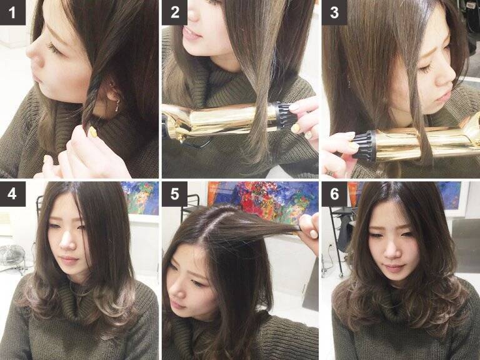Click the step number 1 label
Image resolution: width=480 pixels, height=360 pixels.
pos(12,12)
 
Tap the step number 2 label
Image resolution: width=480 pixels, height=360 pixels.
pos(174,12)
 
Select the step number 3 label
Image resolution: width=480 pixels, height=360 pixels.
pos(334,12)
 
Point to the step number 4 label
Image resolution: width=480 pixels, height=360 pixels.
pos(12,194)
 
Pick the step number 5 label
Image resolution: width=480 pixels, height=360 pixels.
pos(174,194)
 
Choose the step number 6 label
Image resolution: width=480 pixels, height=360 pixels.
pos(334,194)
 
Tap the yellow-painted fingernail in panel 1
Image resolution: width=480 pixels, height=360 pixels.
pos(92,132)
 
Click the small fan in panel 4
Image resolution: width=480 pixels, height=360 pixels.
pos(12,256)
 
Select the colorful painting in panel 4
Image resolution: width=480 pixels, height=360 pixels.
pos(140,197)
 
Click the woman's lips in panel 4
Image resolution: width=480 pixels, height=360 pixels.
pos(69,261)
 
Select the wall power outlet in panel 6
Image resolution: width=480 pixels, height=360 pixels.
pos(330,246)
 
